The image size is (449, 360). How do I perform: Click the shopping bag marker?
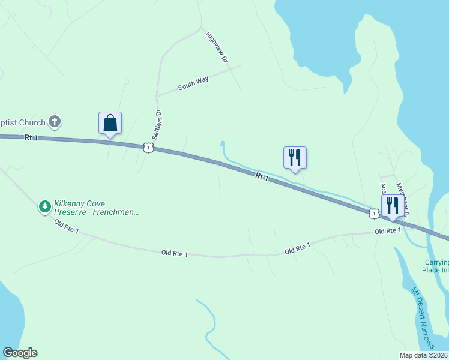110,124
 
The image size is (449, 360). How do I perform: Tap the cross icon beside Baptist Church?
54,122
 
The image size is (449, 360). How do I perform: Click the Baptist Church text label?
23,123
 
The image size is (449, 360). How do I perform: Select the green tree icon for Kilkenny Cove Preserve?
44,207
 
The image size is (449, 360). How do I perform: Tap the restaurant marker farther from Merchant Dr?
295,157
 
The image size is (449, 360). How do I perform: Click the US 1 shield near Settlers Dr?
148,147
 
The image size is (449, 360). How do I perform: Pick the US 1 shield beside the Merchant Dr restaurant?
374,214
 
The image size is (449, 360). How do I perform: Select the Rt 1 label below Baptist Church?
31,137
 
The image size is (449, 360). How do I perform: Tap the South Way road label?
193,83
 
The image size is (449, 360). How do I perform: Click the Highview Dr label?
217,47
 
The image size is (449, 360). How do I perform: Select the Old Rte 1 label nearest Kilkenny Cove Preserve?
67,227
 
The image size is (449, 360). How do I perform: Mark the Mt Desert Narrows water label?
423,317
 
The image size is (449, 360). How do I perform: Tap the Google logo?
20,353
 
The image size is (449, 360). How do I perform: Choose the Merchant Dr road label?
403,200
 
